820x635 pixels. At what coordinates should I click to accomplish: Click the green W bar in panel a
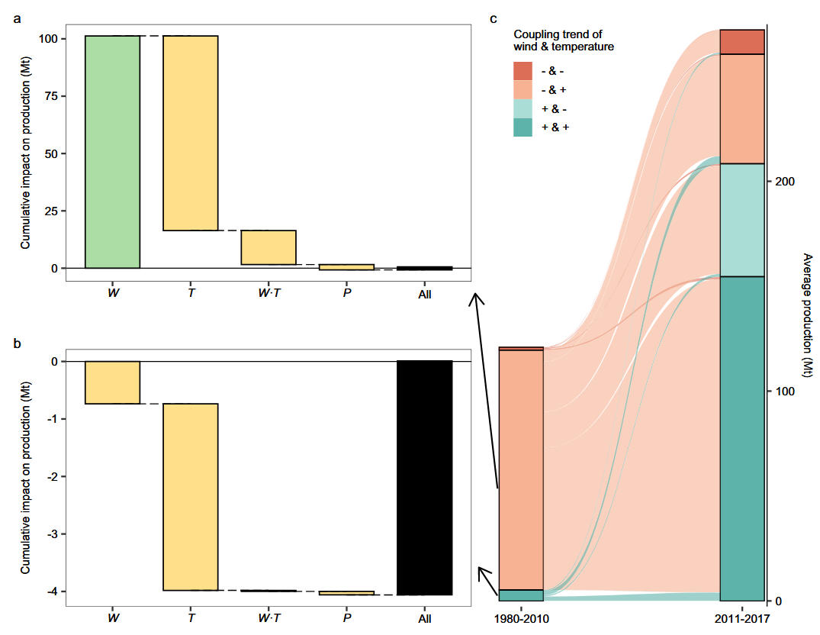tap(112, 152)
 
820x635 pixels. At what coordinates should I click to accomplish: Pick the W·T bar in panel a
tap(269, 247)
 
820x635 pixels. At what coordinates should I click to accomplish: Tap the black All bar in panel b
tap(425, 478)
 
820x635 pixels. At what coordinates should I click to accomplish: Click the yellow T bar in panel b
tap(190, 497)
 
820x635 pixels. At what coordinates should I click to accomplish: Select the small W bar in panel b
tap(112, 382)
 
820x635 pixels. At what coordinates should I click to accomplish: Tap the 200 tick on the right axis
tap(783, 182)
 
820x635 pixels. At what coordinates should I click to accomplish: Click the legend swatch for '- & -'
tap(523, 71)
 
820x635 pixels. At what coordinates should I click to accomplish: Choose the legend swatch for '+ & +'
tap(523, 127)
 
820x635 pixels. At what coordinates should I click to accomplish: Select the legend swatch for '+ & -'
tap(523, 108)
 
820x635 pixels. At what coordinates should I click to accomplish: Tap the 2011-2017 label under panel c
tap(743, 617)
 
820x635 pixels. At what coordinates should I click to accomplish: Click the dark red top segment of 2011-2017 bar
tap(743, 42)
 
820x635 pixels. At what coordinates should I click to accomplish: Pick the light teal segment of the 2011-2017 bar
tap(743, 220)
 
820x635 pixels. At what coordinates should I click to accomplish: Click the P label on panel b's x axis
tap(347, 617)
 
